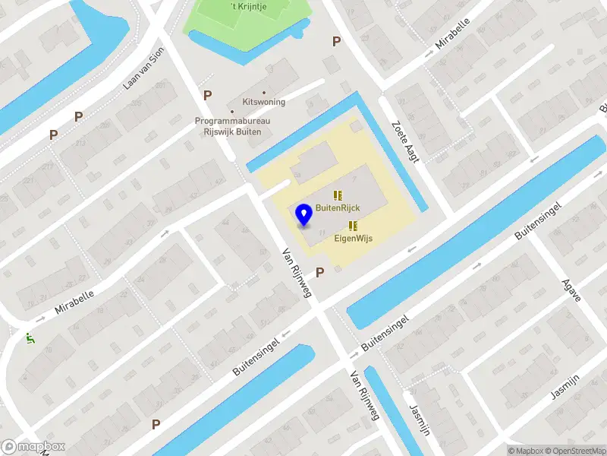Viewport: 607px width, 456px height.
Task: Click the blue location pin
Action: (x=303, y=214)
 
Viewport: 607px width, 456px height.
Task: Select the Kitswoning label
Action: (x=263, y=101)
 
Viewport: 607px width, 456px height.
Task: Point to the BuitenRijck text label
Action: (x=338, y=207)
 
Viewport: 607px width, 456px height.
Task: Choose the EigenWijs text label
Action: (x=354, y=238)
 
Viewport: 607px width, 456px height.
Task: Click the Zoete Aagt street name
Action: (x=406, y=141)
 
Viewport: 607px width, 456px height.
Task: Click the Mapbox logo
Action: (x=33, y=447)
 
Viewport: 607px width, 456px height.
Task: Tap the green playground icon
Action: (x=30, y=339)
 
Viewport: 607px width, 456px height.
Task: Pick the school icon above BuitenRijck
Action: (x=338, y=195)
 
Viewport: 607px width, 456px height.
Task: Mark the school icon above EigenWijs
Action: (x=352, y=225)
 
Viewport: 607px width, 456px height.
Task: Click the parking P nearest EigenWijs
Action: (x=319, y=271)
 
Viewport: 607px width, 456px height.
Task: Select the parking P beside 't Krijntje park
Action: (x=335, y=42)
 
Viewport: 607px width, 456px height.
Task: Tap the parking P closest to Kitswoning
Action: (x=207, y=95)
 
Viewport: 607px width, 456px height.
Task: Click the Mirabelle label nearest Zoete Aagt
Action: (x=454, y=33)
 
